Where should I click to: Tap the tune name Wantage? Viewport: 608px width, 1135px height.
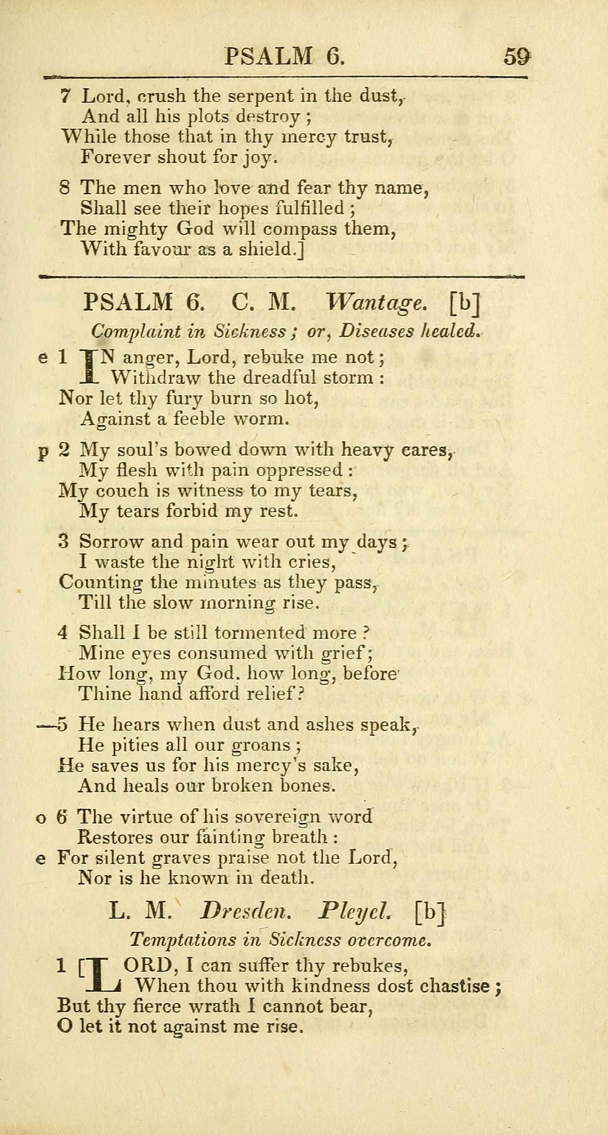pyautogui.click(x=377, y=303)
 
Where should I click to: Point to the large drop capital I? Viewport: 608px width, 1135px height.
pyautogui.click(x=89, y=366)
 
